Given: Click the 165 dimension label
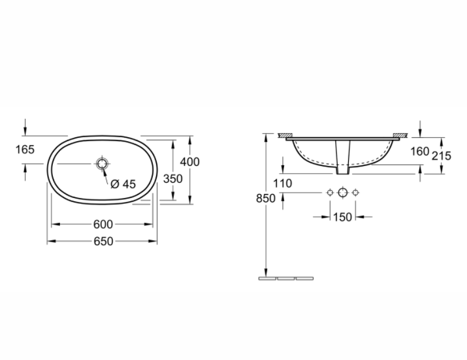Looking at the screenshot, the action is click(x=25, y=150).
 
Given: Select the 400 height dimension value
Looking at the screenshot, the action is click(x=189, y=162).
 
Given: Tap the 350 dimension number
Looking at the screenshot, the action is click(x=173, y=179).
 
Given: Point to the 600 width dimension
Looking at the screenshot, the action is click(x=103, y=224).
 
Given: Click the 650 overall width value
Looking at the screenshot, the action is click(x=103, y=241).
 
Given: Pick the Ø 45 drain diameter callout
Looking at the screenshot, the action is click(x=123, y=184).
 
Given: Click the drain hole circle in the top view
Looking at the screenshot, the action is click(x=102, y=163).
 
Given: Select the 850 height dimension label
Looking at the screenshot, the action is click(x=266, y=198).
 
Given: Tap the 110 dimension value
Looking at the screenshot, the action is click(x=283, y=184).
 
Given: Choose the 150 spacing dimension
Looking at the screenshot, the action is click(x=342, y=217).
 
